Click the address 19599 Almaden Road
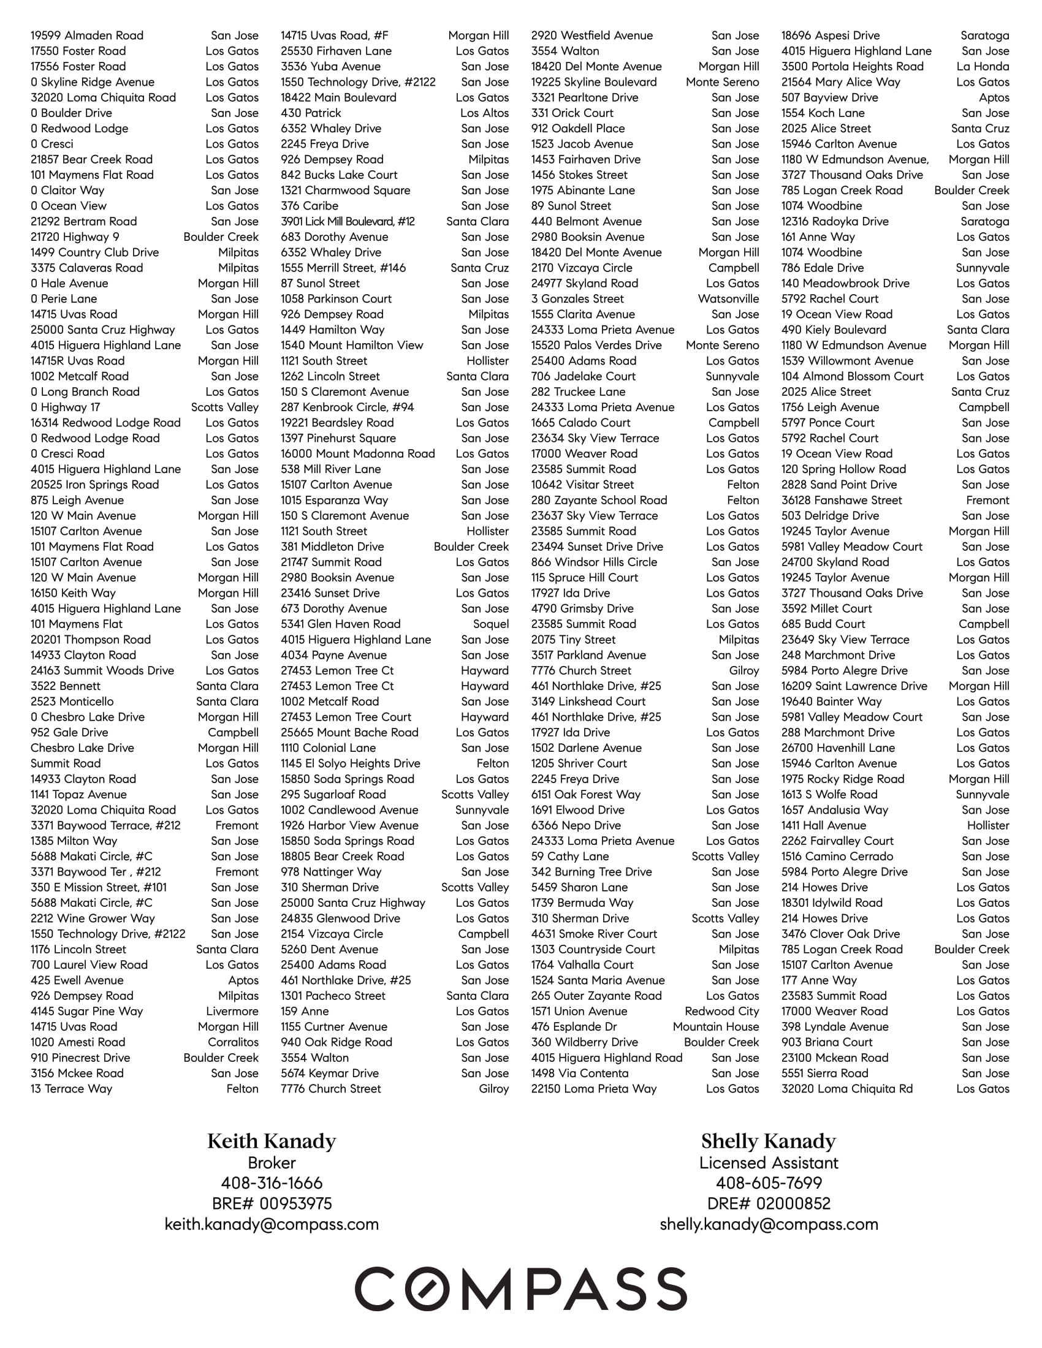[87, 36]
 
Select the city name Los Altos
[485, 113]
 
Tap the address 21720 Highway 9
[75, 237]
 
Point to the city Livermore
[232, 1011]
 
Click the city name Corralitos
[234, 1042]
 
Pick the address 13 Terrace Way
[72, 1089]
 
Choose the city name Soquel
[491, 624]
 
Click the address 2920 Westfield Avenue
[592, 36]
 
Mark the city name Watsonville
[728, 299]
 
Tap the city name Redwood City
[721, 1011]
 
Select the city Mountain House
[716, 1026]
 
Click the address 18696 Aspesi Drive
[831, 36]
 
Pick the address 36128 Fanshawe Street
[842, 500]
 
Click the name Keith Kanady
[272, 1142]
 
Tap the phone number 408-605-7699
[769, 1183]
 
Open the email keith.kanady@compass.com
[272, 1224]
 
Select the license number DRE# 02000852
[769, 1203]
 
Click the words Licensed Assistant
[769, 1163]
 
